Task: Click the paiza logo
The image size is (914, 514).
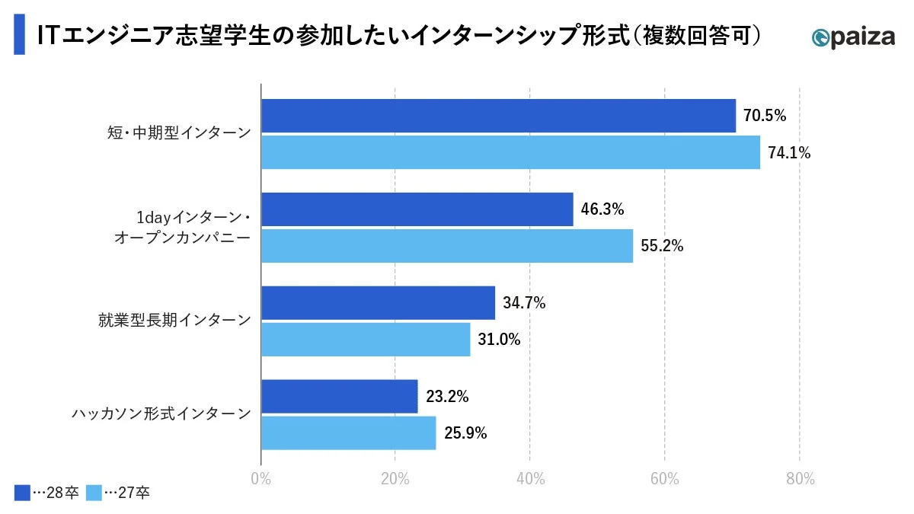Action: (x=853, y=37)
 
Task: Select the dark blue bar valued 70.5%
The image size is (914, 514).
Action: (x=498, y=116)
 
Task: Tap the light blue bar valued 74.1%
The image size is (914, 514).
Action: (x=510, y=152)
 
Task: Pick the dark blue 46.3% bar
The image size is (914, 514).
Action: (x=417, y=209)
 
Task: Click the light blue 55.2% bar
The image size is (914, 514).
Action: (x=447, y=246)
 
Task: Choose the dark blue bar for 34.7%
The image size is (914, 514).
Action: (x=378, y=303)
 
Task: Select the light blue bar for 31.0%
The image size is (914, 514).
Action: (x=366, y=340)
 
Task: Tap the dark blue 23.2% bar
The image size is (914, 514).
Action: (x=339, y=397)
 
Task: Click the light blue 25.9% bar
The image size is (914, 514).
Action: (x=348, y=433)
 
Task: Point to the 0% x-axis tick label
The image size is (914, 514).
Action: (x=260, y=479)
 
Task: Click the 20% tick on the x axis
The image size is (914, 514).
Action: (x=395, y=479)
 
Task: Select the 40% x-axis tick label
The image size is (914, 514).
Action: (x=529, y=479)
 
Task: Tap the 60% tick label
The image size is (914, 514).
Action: (x=664, y=479)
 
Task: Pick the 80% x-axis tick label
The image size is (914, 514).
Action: (x=799, y=479)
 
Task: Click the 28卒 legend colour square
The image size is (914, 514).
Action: (x=21, y=493)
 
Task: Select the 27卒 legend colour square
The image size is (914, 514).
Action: (x=94, y=493)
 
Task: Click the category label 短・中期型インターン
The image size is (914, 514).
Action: (x=178, y=133)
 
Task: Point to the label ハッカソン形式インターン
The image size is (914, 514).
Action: (x=161, y=414)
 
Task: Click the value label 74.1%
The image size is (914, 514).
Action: (x=789, y=153)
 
